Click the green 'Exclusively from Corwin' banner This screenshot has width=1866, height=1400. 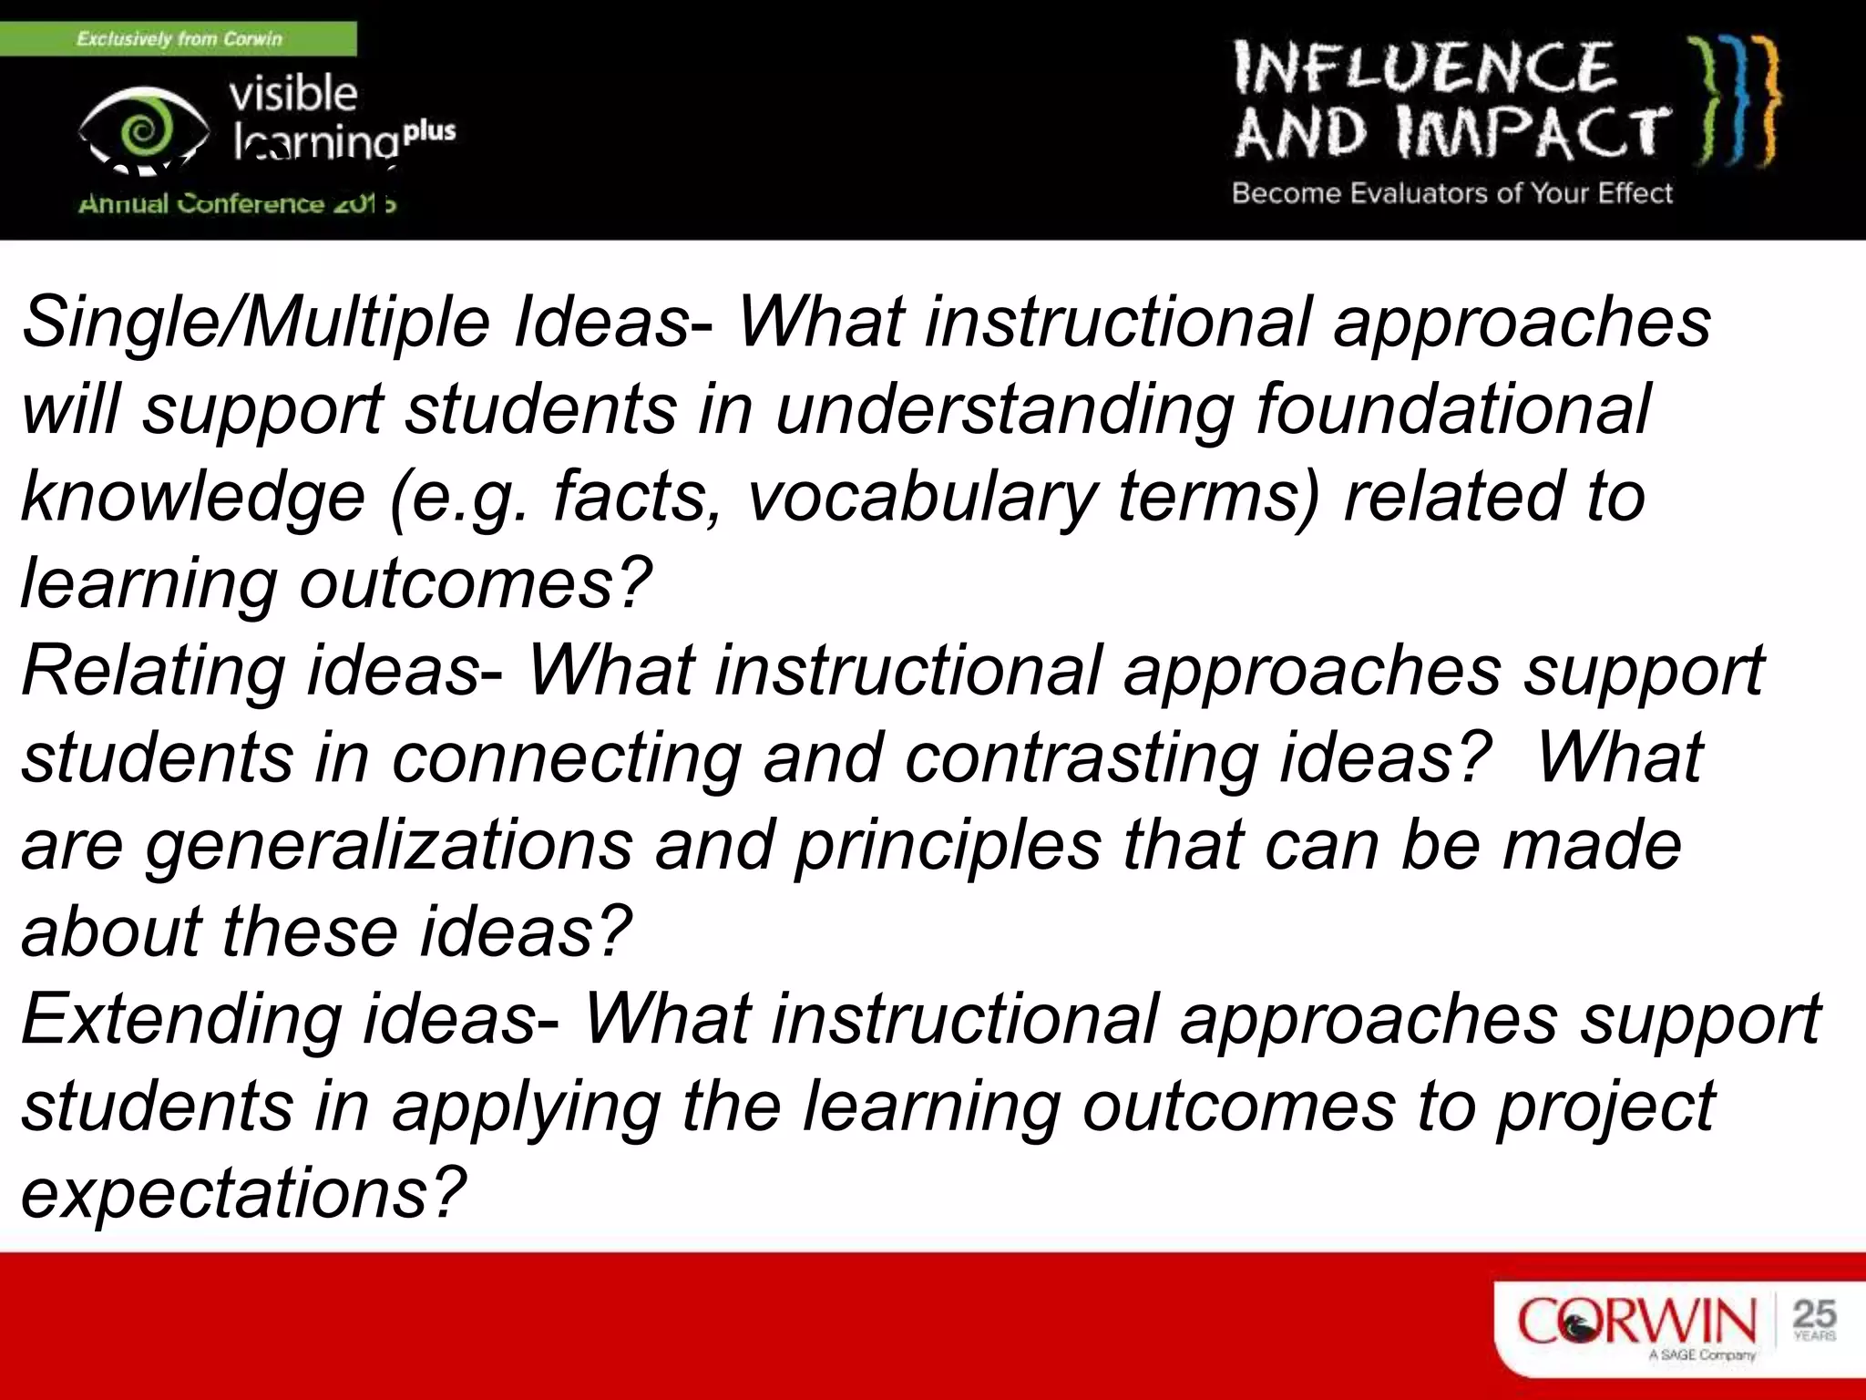(x=179, y=39)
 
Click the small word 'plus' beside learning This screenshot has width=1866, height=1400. (x=429, y=130)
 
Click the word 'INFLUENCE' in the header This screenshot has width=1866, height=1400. (x=1425, y=68)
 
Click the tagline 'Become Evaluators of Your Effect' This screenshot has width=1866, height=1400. (x=1452, y=193)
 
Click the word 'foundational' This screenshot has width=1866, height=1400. (x=1452, y=409)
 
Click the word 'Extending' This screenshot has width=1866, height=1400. (x=180, y=1019)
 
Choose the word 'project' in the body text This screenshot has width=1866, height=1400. (x=1605, y=1107)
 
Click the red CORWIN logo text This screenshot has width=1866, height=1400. (x=1636, y=1322)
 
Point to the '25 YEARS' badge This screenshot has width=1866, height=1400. (x=1814, y=1320)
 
